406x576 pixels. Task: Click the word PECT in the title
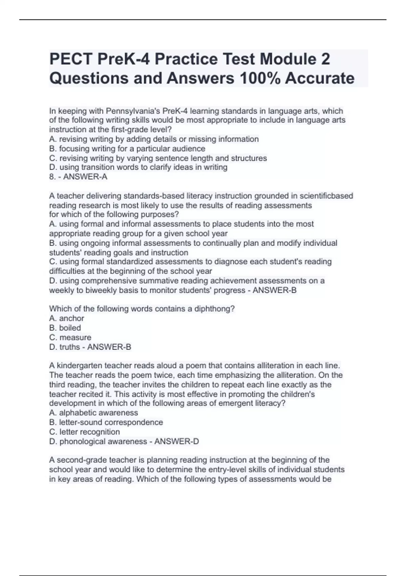(71, 59)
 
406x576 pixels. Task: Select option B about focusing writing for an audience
(127, 149)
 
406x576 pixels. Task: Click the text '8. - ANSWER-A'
(78, 177)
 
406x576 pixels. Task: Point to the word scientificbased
(326, 196)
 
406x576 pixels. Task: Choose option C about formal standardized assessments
(190, 262)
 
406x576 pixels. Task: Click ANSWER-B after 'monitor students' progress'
(275, 290)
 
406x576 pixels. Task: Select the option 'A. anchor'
(67, 318)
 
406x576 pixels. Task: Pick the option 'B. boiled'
(65, 328)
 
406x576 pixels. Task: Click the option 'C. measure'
(70, 337)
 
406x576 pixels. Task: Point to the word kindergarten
(80, 366)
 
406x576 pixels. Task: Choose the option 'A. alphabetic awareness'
(93, 413)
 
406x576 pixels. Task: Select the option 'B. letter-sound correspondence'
(106, 422)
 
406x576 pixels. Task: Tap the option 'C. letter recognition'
(84, 432)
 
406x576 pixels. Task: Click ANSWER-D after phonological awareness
(177, 441)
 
